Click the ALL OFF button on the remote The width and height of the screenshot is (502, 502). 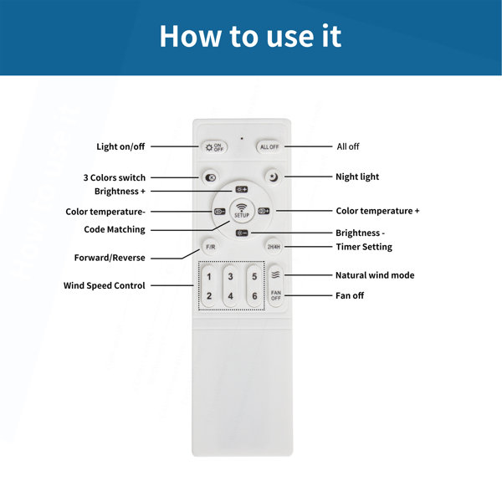(x=269, y=147)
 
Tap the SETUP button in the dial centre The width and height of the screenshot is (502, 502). (x=242, y=211)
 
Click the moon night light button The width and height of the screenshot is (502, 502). (x=273, y=177)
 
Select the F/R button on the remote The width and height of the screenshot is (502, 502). (x=210, y=247)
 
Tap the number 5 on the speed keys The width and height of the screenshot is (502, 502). (x=254, y=276)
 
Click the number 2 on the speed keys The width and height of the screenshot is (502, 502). (x=209, y=295)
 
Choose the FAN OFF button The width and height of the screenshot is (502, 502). (x=275, y=295)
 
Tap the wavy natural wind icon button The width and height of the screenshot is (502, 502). (x=275, y=274)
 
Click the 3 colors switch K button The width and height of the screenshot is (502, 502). (x=210, y=177)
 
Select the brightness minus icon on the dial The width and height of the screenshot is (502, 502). (x=242, y=233)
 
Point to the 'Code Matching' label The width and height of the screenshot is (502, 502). (x=115, y=229)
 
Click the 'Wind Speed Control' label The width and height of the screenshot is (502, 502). (x=105, y=285)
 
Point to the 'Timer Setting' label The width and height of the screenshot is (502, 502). (x=364, y=247)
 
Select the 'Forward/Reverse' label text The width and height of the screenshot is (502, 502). (x=110, y=258)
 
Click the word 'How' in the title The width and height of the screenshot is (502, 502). (x=190, y=36)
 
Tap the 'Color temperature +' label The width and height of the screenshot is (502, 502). (x=377, y=211)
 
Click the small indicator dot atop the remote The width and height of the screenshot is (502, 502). (x=242, y=139)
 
